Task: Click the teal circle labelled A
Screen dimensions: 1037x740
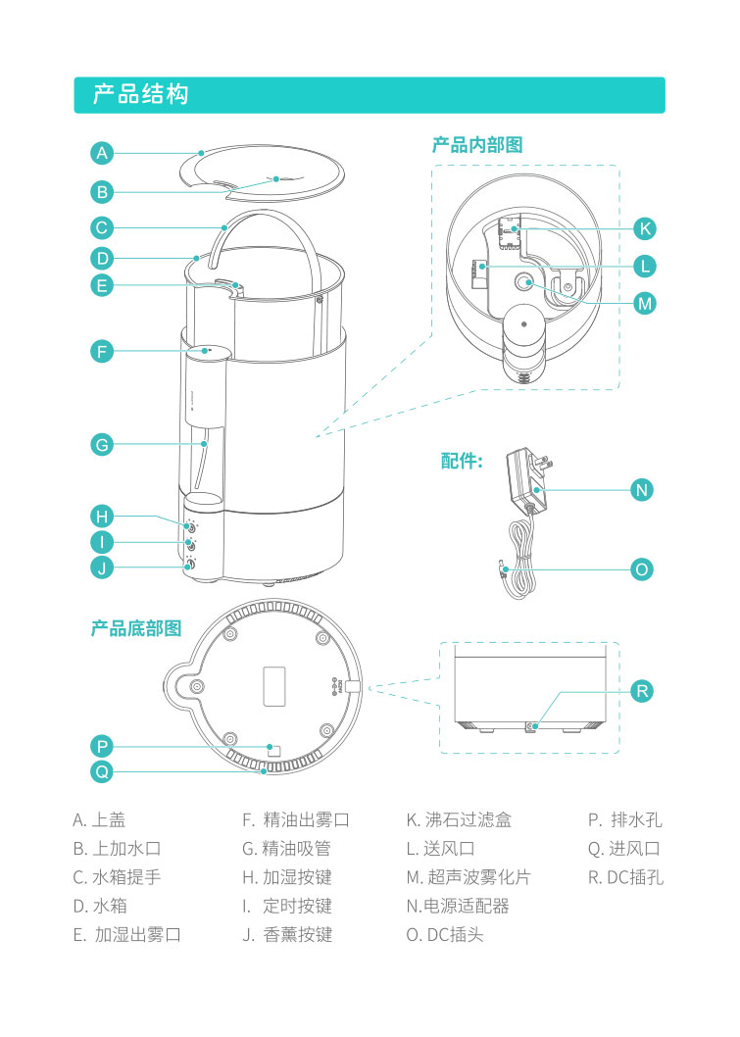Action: [x=103, y=153]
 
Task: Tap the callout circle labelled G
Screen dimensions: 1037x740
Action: [x=103, y=444]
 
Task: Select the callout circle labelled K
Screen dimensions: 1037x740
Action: [x=644, y=228]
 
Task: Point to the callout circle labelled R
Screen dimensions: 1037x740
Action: [x=642, y=691]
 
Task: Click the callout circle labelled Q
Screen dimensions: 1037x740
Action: [x=103, y=771]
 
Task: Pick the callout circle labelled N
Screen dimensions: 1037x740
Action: [x=642, y=489]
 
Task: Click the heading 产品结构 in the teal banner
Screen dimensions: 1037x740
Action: [x=140, y=95]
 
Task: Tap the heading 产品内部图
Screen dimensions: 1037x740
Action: [x=477, y=145]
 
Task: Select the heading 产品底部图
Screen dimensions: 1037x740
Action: [x=136, y=628]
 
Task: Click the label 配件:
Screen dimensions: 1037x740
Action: [x=462, y=461]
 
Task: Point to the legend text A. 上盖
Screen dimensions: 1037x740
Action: [x=99, y=820]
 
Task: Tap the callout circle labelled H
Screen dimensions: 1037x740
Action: [x=103, y=516]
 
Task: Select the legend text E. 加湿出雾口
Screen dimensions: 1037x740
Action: [x=127, y=934]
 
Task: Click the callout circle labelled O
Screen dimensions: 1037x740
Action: [x=642, y=568]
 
